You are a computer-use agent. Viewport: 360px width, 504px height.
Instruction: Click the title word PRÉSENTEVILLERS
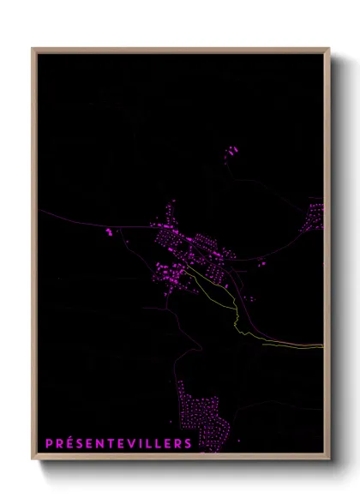[118, 443]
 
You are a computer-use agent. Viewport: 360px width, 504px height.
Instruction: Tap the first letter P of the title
[48, 443]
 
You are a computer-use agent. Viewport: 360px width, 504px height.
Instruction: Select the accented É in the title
[69, 443]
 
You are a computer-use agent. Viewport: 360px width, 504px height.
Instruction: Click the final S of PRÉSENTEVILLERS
[189, 443]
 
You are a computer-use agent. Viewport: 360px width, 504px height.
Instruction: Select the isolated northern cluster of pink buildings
[231, 153]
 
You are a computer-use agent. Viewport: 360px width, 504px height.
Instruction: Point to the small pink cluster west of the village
[110, 231]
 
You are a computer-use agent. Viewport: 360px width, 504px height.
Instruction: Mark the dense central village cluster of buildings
[180, 249]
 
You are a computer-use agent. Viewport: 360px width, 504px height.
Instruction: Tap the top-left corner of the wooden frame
[33, 49]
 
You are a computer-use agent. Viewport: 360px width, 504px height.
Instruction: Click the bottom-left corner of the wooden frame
[33, 459]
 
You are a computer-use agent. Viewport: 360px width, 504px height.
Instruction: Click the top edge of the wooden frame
[180, 49]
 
